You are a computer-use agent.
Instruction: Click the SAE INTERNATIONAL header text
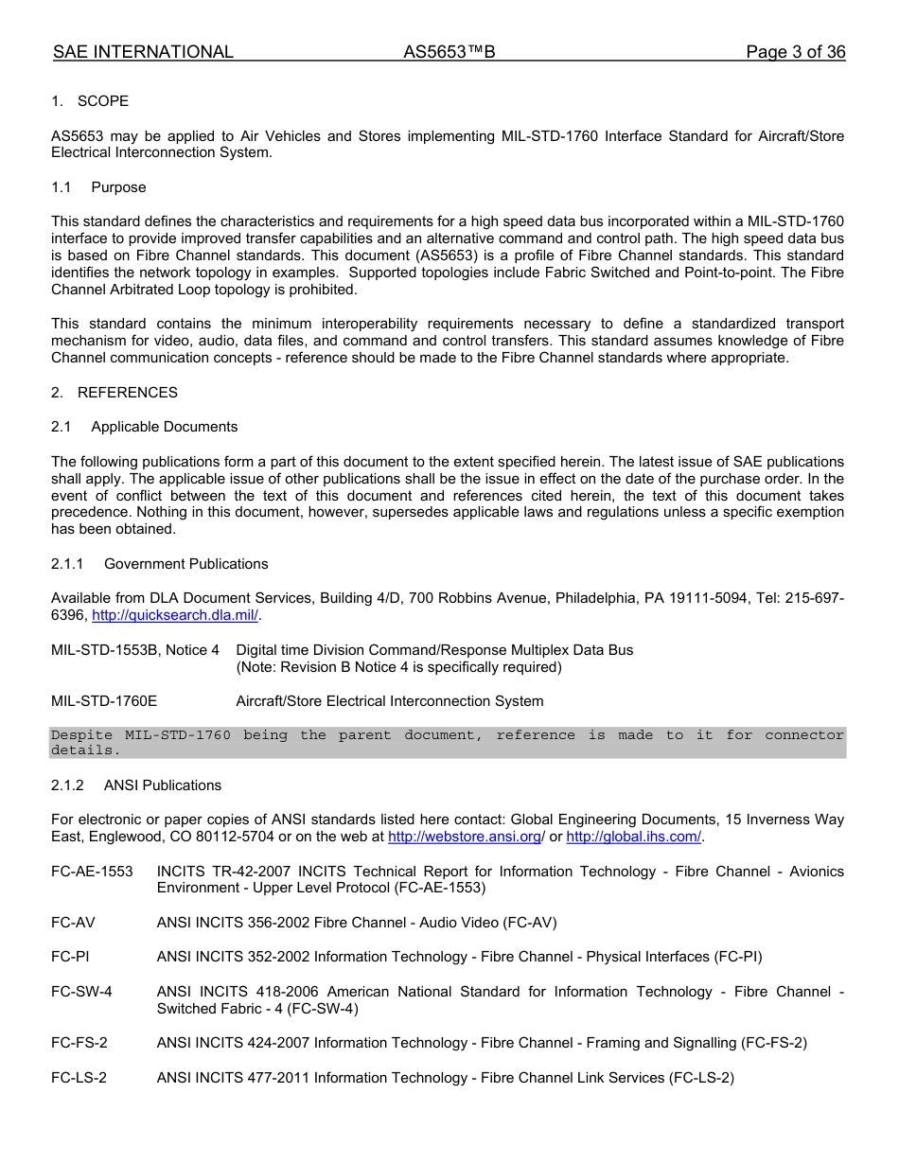[x=143, y=52]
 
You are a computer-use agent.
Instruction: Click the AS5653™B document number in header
[x=449, y=52]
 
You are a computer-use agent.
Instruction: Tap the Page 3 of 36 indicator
[x=795, y=52]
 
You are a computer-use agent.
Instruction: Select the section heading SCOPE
[x=102, y=101]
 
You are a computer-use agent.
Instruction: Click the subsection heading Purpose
[x=118, y=187]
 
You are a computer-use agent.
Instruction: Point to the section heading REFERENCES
[x=127, y=393]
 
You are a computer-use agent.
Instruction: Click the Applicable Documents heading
[x=164, y=427]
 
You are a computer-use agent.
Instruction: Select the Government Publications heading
[x=185, y=564]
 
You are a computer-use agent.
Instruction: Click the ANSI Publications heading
[x=162, y=785]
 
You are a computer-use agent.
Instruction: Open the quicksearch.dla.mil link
[x=175, y=616]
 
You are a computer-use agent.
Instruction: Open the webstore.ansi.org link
[x=464, y=837]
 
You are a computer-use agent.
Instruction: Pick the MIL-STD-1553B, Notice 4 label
[x=134, y=650]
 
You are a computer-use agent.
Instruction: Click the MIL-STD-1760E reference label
[x=104, y=701]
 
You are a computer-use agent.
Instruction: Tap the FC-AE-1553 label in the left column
[x=92, y=872]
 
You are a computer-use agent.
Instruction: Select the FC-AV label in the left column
[x=73, y=923]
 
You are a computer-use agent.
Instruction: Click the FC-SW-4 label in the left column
[x=81, y=992]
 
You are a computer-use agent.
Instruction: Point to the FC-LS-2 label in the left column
[x=79, y=1078]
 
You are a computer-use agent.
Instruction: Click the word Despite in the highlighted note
[x=81, y=735]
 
